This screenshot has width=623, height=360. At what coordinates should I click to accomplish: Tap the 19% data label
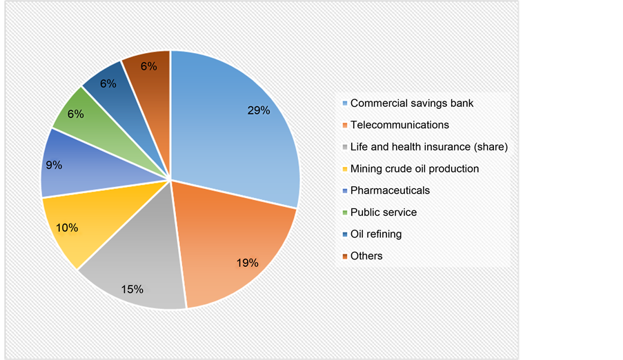point(247,263)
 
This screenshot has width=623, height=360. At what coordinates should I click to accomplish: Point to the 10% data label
point(68,228)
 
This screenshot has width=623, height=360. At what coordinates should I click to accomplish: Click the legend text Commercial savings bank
point(412,103)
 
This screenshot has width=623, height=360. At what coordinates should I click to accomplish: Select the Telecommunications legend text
point(399,125)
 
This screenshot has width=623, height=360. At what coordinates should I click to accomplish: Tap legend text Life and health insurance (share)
point(429,147)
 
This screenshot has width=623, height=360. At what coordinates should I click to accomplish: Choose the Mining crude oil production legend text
point(415,168)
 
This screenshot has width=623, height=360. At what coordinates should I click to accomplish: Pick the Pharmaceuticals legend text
point(390,190)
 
